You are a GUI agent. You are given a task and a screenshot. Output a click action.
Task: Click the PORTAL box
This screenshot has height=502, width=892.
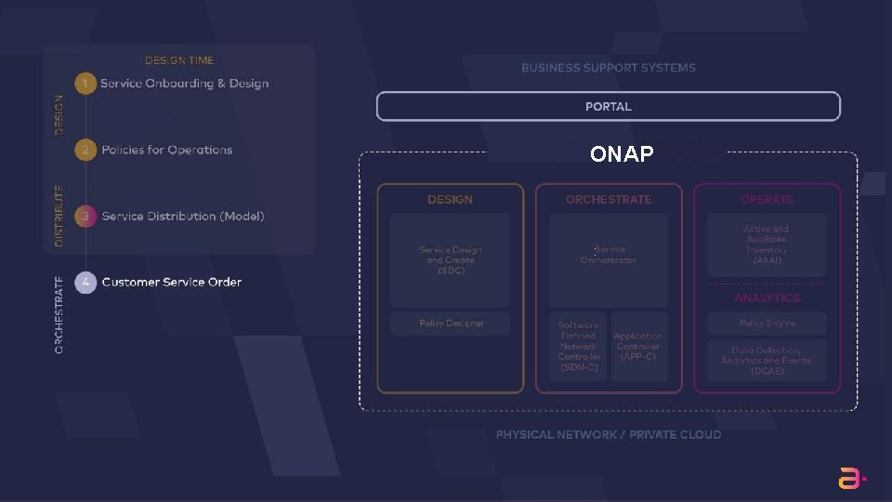[608, 107]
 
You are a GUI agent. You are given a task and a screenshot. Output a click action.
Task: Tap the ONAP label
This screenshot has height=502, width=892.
[622, 154]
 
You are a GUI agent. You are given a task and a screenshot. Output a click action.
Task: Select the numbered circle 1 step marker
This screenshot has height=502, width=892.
[85, 84]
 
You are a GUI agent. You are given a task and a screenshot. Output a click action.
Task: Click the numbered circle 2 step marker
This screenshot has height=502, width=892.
[85, 150]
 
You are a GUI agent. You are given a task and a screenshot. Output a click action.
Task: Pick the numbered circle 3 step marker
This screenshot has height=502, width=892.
[85, 216]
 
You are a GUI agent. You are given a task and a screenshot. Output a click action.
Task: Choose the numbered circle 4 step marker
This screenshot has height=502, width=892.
[85, 282]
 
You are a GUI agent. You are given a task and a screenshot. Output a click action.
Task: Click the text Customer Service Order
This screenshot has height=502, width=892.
[171, 282]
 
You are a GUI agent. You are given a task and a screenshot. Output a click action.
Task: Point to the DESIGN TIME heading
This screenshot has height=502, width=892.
[179, 60]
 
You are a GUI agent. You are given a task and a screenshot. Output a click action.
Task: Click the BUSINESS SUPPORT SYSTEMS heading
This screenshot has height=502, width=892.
[608, 68]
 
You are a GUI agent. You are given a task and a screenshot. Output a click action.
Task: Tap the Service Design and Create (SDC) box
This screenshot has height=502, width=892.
[450, 259]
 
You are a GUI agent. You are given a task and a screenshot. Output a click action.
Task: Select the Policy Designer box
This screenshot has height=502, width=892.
[450, 324]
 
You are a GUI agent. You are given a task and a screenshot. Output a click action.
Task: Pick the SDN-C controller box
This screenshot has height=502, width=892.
[579, 346]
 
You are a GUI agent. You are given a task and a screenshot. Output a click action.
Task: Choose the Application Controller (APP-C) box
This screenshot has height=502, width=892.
[638, 346]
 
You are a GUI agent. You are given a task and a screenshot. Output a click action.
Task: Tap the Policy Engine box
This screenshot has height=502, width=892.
[767, 324]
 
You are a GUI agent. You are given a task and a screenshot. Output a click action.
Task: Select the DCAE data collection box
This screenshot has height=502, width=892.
[767, 361]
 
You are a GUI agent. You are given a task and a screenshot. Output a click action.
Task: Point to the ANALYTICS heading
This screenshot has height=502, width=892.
[767, 298]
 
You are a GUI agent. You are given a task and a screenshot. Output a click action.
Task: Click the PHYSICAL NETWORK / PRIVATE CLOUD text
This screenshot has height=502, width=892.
[608, 434]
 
